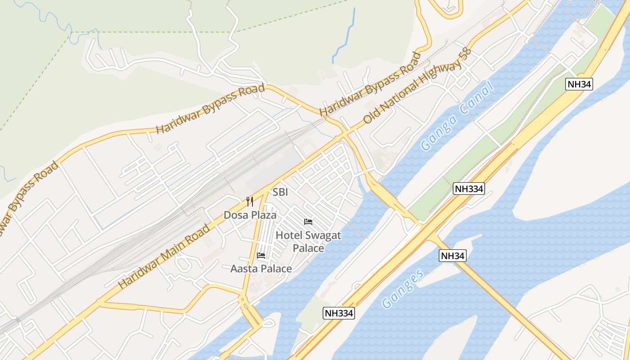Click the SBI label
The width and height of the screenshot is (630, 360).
(280, 192)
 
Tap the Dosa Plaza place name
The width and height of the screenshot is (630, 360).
(250, 215)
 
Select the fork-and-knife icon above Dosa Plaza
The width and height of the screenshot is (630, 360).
(250, 202)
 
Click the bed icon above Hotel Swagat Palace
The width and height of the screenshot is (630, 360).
(308, 222)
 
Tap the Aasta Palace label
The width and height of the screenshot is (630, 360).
(261, 269)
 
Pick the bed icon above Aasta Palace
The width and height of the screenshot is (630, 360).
(261, 256)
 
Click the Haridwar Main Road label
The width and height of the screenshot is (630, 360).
(164, 256)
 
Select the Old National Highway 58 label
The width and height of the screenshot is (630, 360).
(417, 86)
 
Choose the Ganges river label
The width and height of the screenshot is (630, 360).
(403, 288)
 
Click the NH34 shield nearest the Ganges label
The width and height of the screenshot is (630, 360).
(452, 256)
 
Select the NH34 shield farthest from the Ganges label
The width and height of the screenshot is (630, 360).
(579, 84)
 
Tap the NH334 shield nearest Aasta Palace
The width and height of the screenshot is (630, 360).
(339, 313)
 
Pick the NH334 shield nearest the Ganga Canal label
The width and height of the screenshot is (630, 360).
(468, 189)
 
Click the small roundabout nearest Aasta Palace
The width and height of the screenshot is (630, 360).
(243, 298)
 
